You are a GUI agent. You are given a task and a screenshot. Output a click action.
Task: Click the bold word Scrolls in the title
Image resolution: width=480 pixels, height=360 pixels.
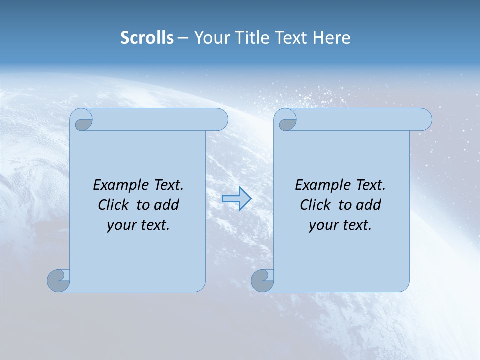147,38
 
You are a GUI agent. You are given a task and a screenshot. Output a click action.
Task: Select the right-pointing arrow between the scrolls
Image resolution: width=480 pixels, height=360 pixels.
236,199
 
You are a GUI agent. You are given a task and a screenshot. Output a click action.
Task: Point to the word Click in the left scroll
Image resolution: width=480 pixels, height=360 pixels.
114,205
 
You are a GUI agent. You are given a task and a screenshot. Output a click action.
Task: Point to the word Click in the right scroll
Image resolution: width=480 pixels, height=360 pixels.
316,205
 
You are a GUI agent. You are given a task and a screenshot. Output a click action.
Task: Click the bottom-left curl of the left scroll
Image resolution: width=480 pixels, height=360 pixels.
58,280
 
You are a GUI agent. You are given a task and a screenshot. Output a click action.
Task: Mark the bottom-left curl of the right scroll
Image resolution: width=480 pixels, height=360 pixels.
262,280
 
